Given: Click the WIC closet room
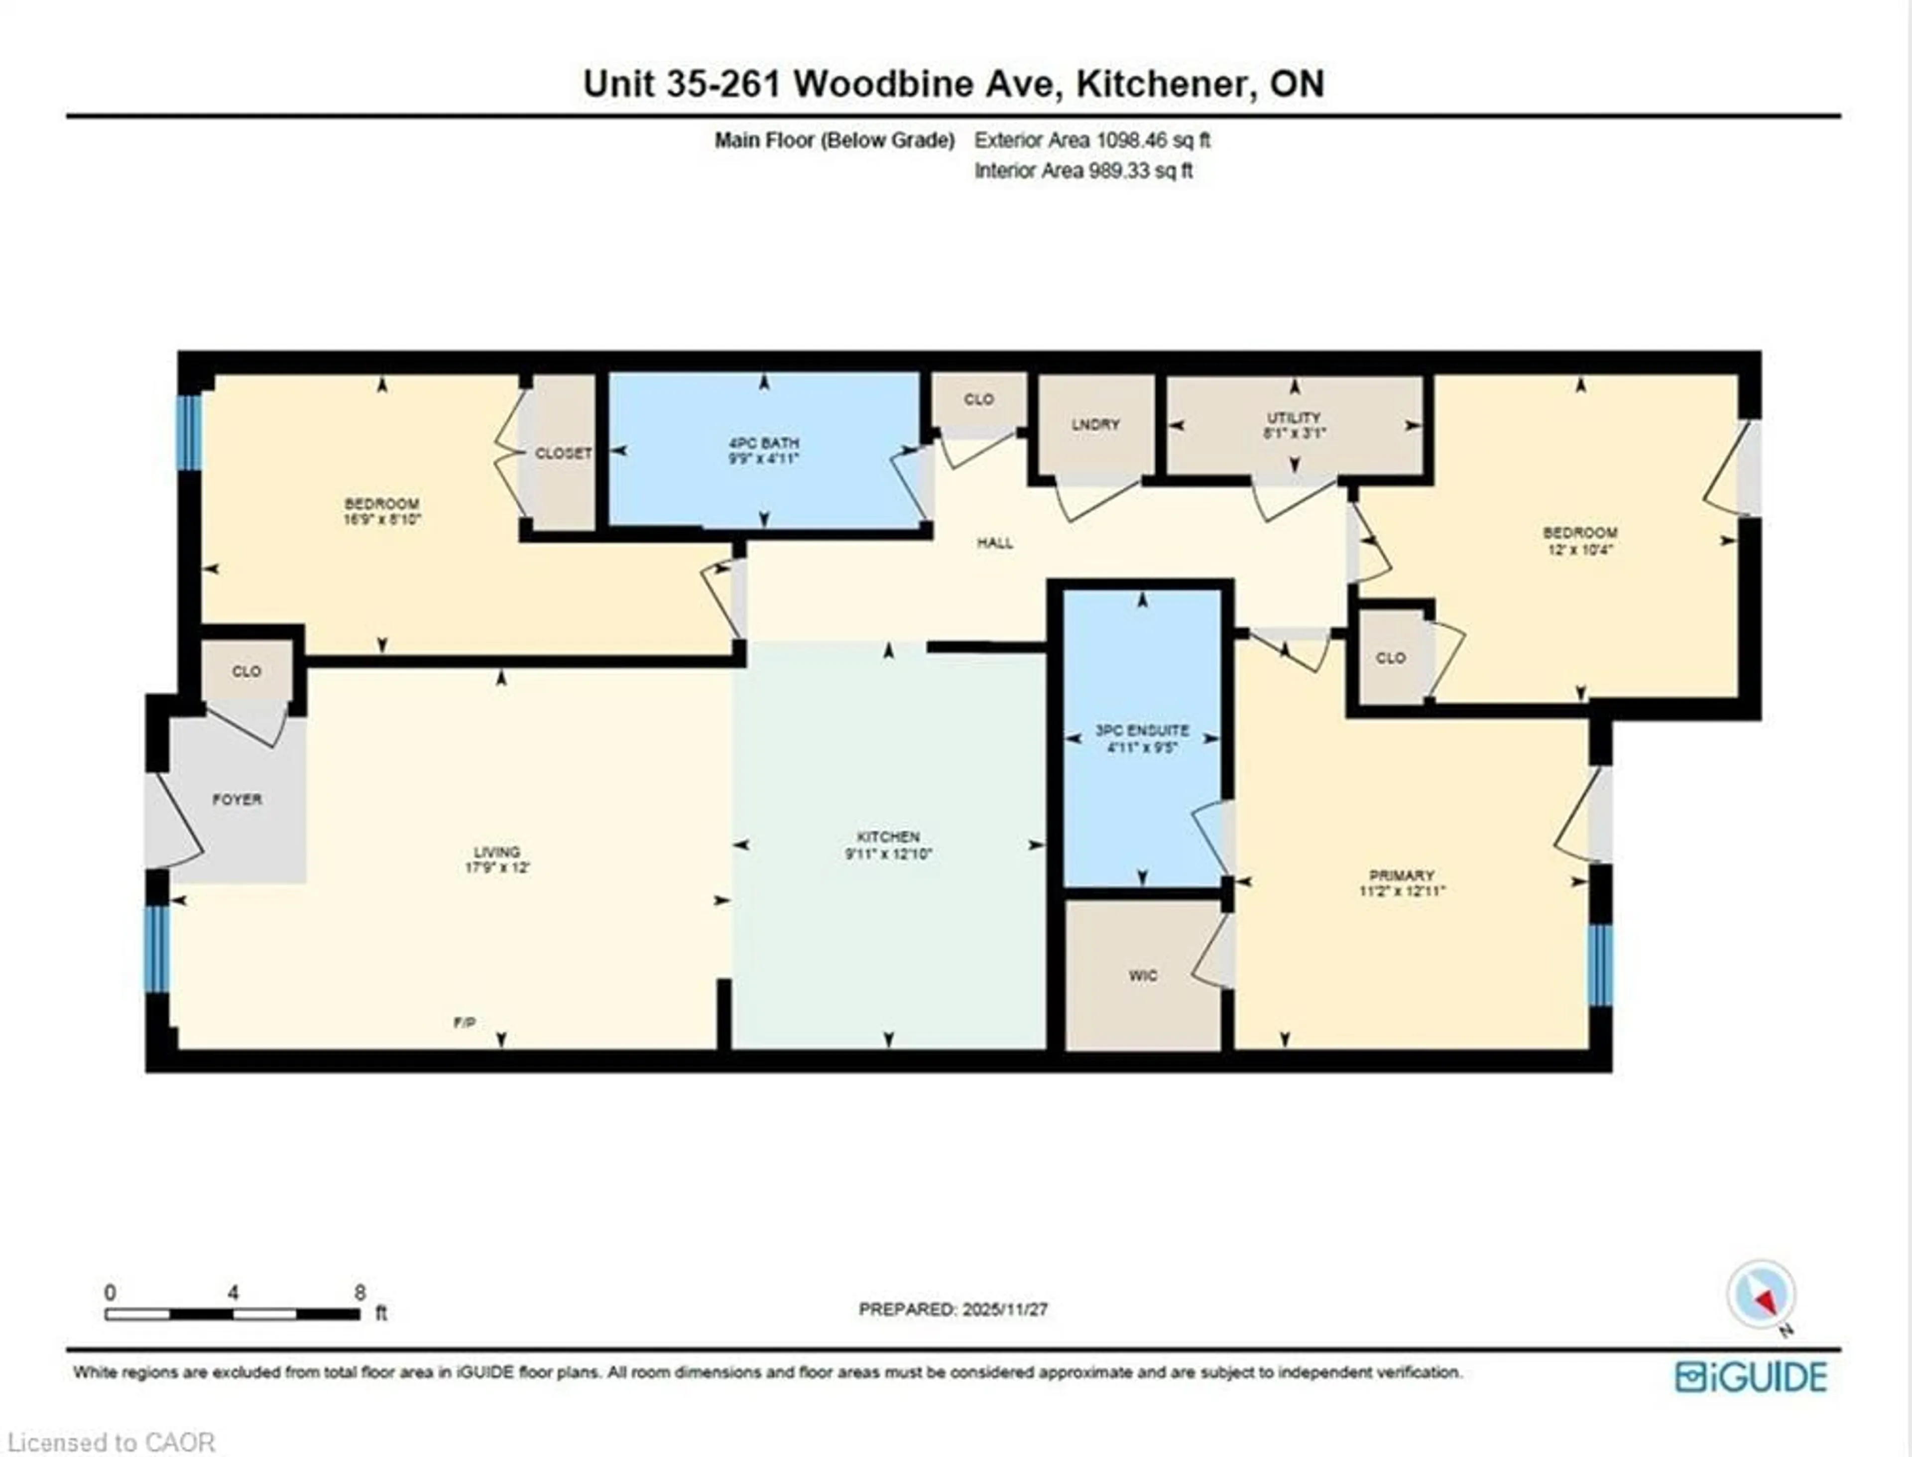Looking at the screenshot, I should click(x=1143, y=975).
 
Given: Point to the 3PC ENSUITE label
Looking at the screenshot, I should click(x=1142, y=730).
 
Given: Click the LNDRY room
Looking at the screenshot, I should click(x=1095, y=424).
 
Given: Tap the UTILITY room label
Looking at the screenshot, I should click(x=1294, y=417).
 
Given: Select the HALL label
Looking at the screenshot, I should click(x=994, y=543).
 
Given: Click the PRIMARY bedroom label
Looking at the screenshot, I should click(x=1401, y=875).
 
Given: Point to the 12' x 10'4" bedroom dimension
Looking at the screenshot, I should click(x=1580, y=549).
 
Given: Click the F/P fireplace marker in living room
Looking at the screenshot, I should click(x=465, y=1022).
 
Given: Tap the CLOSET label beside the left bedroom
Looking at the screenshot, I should click(x=564, y=453).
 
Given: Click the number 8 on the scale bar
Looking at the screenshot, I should click(x=360, y=1292).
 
